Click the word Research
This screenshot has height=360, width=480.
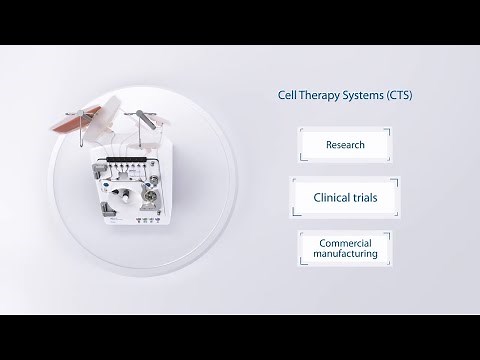click(x=344, y=145)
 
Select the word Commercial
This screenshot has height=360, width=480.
click(x=344, y=243)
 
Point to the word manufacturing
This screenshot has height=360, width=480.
click(x=344, y=254)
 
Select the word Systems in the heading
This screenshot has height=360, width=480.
click(x=361, y=96)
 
